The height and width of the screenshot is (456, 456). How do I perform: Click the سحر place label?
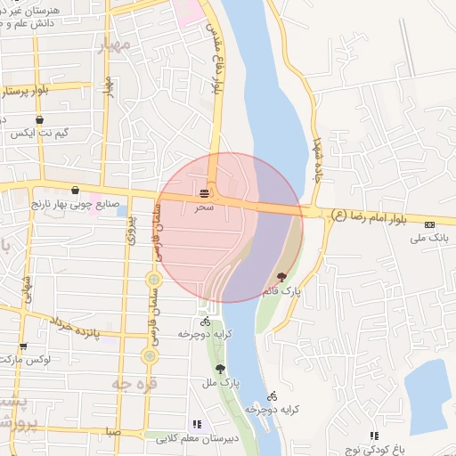coord(205,206)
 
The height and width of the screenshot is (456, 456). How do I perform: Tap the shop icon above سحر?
coord(205,192)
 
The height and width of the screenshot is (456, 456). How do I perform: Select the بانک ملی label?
coord(427,238)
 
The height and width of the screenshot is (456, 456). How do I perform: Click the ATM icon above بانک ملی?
coord(430,224)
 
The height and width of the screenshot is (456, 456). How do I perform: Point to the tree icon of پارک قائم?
coord(282,277)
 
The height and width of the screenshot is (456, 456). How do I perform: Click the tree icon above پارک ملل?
coord(220,369)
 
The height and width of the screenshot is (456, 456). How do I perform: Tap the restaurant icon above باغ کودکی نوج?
coord(375,436)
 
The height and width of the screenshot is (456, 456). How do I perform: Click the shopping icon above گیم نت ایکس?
coord(39,118)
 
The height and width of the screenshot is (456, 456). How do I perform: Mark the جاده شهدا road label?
coord(316,157)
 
